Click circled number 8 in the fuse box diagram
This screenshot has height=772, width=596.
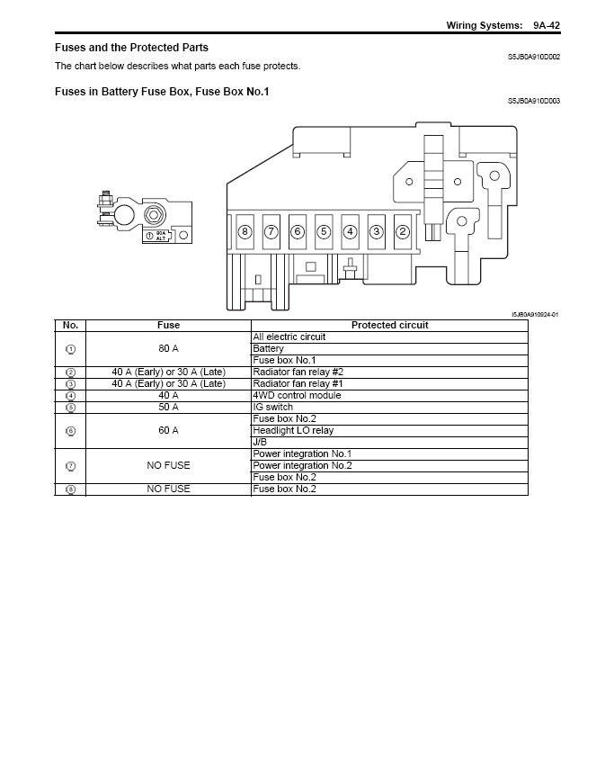tap(245, 231)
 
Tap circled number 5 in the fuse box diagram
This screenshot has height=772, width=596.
tap(324, 231)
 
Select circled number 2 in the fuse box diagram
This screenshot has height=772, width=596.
tap(403, 231)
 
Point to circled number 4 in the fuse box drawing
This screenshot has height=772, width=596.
tap(351, 231)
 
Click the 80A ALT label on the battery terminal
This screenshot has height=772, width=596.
tap(161, 235)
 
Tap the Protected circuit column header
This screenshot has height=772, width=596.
tap(389, 325)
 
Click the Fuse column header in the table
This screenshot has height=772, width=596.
tap(168, 325)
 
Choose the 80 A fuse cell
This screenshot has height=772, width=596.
tap(168, 348)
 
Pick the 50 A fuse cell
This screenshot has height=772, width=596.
tap(168, 407)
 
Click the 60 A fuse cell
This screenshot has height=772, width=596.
tap(168, 430)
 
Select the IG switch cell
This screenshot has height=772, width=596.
tap(273, 407)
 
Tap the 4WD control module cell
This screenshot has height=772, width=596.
tap(297, 395)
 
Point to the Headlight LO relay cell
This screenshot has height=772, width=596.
tap(293, 430)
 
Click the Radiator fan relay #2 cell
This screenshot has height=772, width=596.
tap(298, 372)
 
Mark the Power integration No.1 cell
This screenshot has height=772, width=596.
tap(302, 453)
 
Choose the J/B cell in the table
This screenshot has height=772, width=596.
tap(260, 442)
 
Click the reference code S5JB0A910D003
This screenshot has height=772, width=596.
tap(533, 101)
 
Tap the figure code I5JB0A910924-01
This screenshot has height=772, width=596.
tap(535, 314)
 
